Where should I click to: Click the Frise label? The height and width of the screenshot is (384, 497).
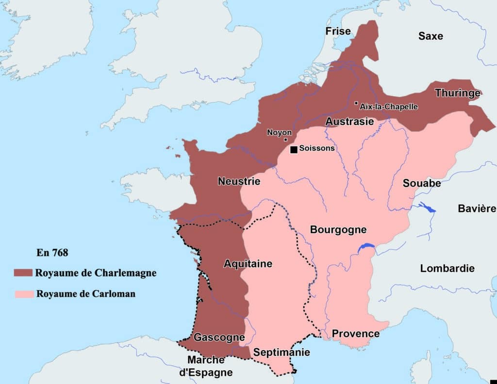coord(338,32)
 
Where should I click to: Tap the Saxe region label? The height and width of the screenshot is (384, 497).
coord(431,36)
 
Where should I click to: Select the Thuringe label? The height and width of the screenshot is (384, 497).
coord(457,93)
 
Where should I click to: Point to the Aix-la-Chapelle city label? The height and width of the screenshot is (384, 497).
coord(388,106)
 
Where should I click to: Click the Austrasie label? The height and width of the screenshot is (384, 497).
coord(349,122)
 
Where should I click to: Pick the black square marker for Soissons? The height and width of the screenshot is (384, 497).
coord(294,149)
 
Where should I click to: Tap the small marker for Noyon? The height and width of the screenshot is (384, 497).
coord(285,140)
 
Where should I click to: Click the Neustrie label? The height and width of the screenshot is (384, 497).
coord(239,181)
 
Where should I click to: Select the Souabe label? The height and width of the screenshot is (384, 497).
coord(422,183)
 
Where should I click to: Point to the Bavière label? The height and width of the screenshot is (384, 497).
coord(477,209)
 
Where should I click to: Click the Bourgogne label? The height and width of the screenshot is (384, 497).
coord(338,229)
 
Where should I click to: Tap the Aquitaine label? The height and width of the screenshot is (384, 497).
coord(248,264)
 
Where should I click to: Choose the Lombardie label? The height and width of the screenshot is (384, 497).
coord(447,268)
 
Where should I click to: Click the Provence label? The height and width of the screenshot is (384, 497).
coord(355,333)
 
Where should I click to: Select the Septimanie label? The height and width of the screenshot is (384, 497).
coord(282,352)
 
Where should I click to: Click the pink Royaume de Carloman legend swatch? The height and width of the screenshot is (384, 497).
coord(23,294)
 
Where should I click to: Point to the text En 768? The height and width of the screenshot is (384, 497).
coord(52,253)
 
